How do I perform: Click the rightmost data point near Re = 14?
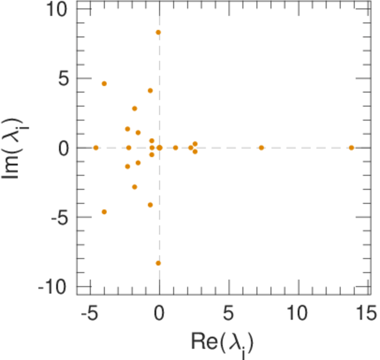click(351, 148)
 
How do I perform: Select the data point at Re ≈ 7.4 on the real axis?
click(261, 148)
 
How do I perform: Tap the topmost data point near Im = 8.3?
click(158, 32)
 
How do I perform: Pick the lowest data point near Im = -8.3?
click(158, 263)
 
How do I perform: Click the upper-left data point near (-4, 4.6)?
click(104, 83)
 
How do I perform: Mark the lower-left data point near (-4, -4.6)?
click(104, 212)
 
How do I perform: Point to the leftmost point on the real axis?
click(95, 148)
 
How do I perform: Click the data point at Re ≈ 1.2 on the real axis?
click(175, 148)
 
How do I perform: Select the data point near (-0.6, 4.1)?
click(150, 91)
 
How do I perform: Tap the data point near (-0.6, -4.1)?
click(150, 205)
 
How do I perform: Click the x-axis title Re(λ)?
click(222, 343)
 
